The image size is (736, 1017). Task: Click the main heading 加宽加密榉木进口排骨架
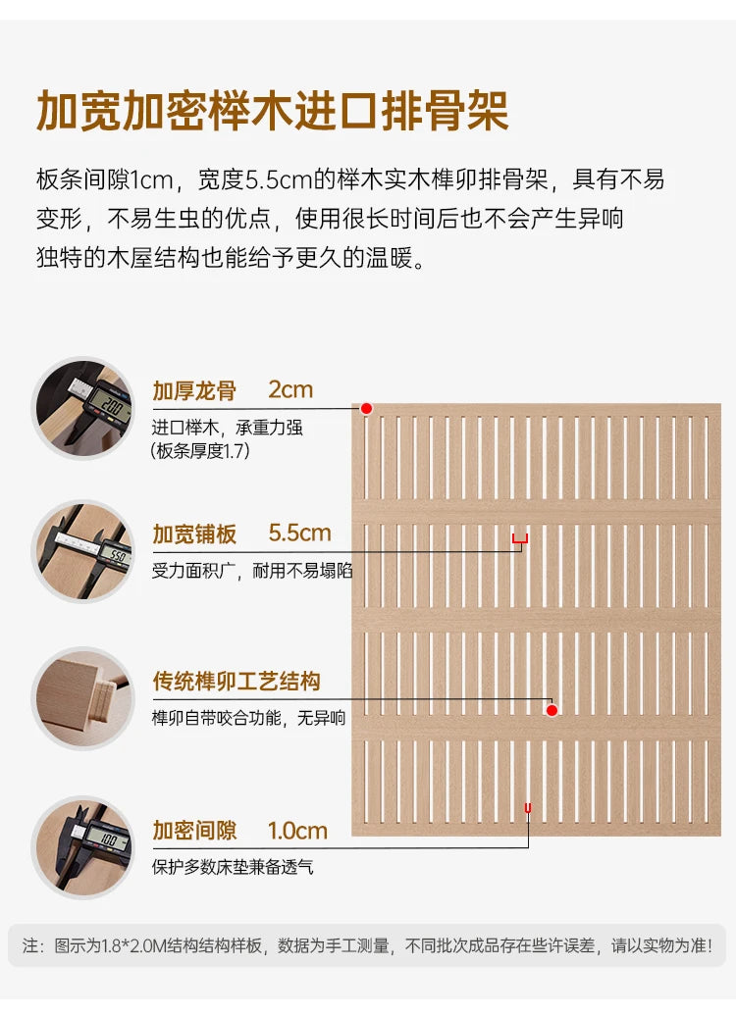coord(272,111)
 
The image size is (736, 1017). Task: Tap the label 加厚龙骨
coord(194,391)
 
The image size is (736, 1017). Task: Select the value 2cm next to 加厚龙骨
coord(290,389)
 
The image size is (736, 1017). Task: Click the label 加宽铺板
coord(194,534)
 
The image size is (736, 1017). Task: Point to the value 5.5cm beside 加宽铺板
coord(300,534)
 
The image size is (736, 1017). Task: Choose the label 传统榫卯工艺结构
coord(237,681)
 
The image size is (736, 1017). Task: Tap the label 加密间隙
coord(194,831)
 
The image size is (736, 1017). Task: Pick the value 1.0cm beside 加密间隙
coord(297,831)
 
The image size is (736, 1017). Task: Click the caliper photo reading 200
coord(83,408)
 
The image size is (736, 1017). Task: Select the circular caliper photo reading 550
coord(83,551)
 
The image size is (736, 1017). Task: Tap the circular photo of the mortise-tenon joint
coord(83,698)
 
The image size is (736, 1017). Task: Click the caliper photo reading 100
coord(83,847)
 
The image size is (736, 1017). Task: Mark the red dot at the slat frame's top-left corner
coord(367,409)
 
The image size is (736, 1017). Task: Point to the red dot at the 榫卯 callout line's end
coord(552,711)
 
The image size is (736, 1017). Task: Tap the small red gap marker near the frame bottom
coord(528,808)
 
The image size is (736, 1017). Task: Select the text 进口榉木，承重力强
coord(227,428)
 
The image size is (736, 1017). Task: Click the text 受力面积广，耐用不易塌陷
coord(252,571)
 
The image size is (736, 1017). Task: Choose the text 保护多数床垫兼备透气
coord(233,867)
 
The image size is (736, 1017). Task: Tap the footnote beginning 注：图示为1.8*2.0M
coord(367,945)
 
